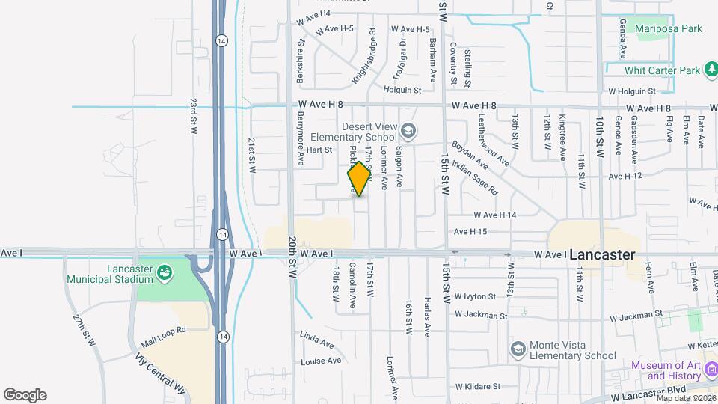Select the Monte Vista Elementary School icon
pos(518,349)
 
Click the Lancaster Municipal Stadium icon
pos(163,274)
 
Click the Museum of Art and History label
pos(669,370)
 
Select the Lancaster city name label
pos(602,255)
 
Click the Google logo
pos(25,395)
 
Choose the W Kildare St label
pos(475,387)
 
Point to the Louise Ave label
pos(321,361)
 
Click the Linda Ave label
pos(317,340)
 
